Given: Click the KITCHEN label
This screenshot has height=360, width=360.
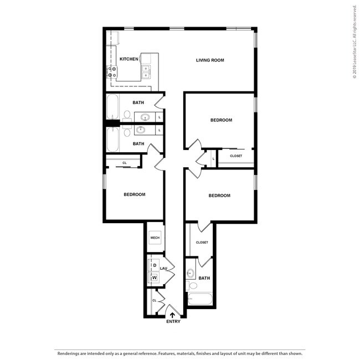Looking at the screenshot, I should pyautogui.click(x=128, y=59).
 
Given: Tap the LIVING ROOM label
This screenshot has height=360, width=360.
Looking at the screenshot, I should pyautogui.click(x=210, y=60).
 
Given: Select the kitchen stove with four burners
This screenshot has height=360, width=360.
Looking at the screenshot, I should pyautogui.click(x=112, y=71).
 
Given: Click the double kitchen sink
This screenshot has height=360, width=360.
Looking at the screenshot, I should pyautogui.click(x=146, y=72).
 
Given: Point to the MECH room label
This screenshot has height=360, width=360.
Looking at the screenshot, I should pyautogui.click(x=155, y=238).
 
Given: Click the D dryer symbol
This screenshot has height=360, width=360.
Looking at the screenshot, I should pyautogui.click(x=155, y=265).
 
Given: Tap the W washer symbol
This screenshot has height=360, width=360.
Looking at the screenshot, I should pyautogui.click(x=155, y=277).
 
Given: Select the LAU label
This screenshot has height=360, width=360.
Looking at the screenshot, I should pyautogui.click(x=164, y=269).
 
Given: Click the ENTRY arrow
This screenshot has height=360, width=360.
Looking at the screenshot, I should pyautogui.click(x=172, y=315).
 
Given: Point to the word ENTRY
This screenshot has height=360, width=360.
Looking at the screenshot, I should pyautogui.click(x=173, y=322).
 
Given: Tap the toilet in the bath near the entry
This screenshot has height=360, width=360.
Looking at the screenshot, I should pyautogui.click(x=192, y=286).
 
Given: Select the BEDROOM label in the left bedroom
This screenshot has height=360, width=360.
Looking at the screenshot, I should pyautogui.click(x=134, y=194).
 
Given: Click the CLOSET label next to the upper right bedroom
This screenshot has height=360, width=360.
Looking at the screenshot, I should pyautogui.click(x=236, y=156).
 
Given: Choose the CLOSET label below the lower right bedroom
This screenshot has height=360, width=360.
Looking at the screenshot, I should pyautogui.click(x=202, y=243).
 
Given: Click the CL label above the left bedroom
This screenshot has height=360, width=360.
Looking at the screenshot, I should pyautogui.click(x=125, y=163).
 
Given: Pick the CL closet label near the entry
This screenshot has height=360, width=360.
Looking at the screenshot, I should pyautogui.click(x=155, y=301).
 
